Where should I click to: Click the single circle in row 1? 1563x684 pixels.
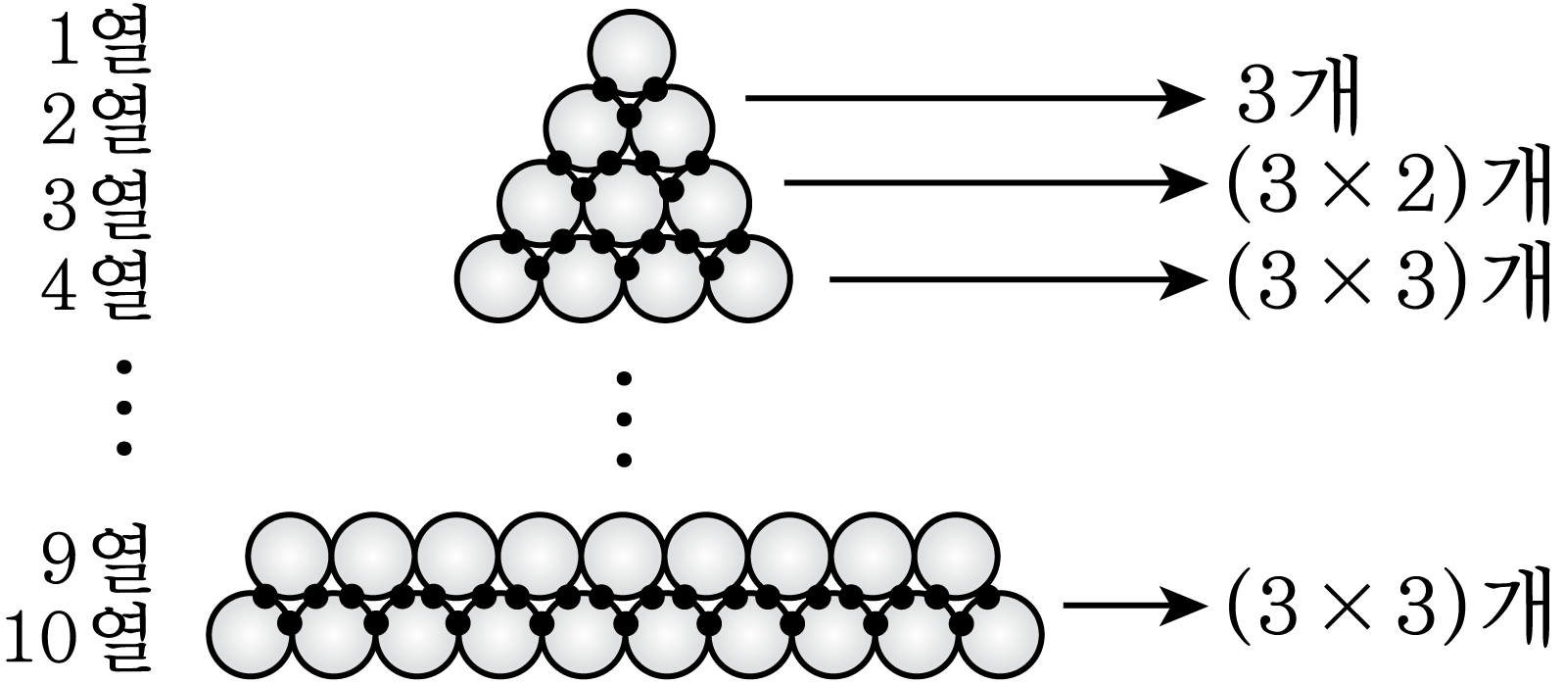pos(632,51)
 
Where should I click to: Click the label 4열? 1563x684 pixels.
pos(96,286)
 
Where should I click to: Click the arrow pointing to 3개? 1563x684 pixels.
pos(974,98)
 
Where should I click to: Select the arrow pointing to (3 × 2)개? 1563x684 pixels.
pos(994,183)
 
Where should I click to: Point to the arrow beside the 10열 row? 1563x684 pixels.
pos(1133,606)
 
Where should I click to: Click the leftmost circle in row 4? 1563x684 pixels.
pos(498,279)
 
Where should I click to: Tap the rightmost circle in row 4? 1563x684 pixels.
pos(749,279)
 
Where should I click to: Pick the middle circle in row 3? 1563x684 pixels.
pos(625,203)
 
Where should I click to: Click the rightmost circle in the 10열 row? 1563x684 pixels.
pos(1001,634)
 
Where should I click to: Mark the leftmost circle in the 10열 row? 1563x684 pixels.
pos(250,634)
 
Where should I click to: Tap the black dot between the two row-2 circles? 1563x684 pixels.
pos(630,117)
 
